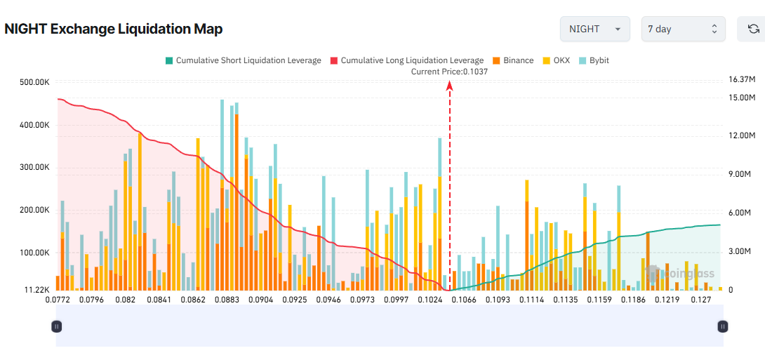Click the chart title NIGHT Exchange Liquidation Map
[x=114, y=29]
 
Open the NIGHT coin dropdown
[x=594, y=29]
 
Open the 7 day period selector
[x=683, y=29]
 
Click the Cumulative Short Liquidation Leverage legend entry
[x=243, y=60]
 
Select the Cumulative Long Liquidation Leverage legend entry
[x=406, y=60]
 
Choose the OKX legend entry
[x=557, y=60]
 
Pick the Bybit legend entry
[x=594, y=60]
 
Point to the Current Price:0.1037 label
[x=449, y=72]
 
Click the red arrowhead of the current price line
[x=449, y=85]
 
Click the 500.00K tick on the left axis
[x=34, y=83]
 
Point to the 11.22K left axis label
[x=36, y=290]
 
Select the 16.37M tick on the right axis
[x=743, y=79]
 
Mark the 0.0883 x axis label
[x=226, y=300]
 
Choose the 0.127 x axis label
[x=701, y=300]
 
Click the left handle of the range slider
[x=57, y=326]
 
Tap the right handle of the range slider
[x=723, y=326]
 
